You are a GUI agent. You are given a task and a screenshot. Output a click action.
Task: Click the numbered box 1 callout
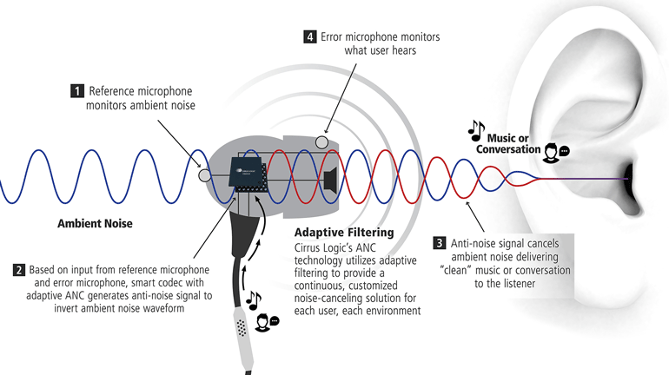tap(76, 90)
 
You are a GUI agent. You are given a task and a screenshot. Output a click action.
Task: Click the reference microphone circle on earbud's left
tap(204, 175)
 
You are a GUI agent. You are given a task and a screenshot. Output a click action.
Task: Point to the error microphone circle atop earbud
tap(321, 141)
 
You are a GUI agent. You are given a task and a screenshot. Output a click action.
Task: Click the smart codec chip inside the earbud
tap(245, 174)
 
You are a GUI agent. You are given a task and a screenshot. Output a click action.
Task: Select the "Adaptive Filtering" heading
tap(346, 233)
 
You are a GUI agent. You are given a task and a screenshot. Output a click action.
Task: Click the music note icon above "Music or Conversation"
tap(476, 130)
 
